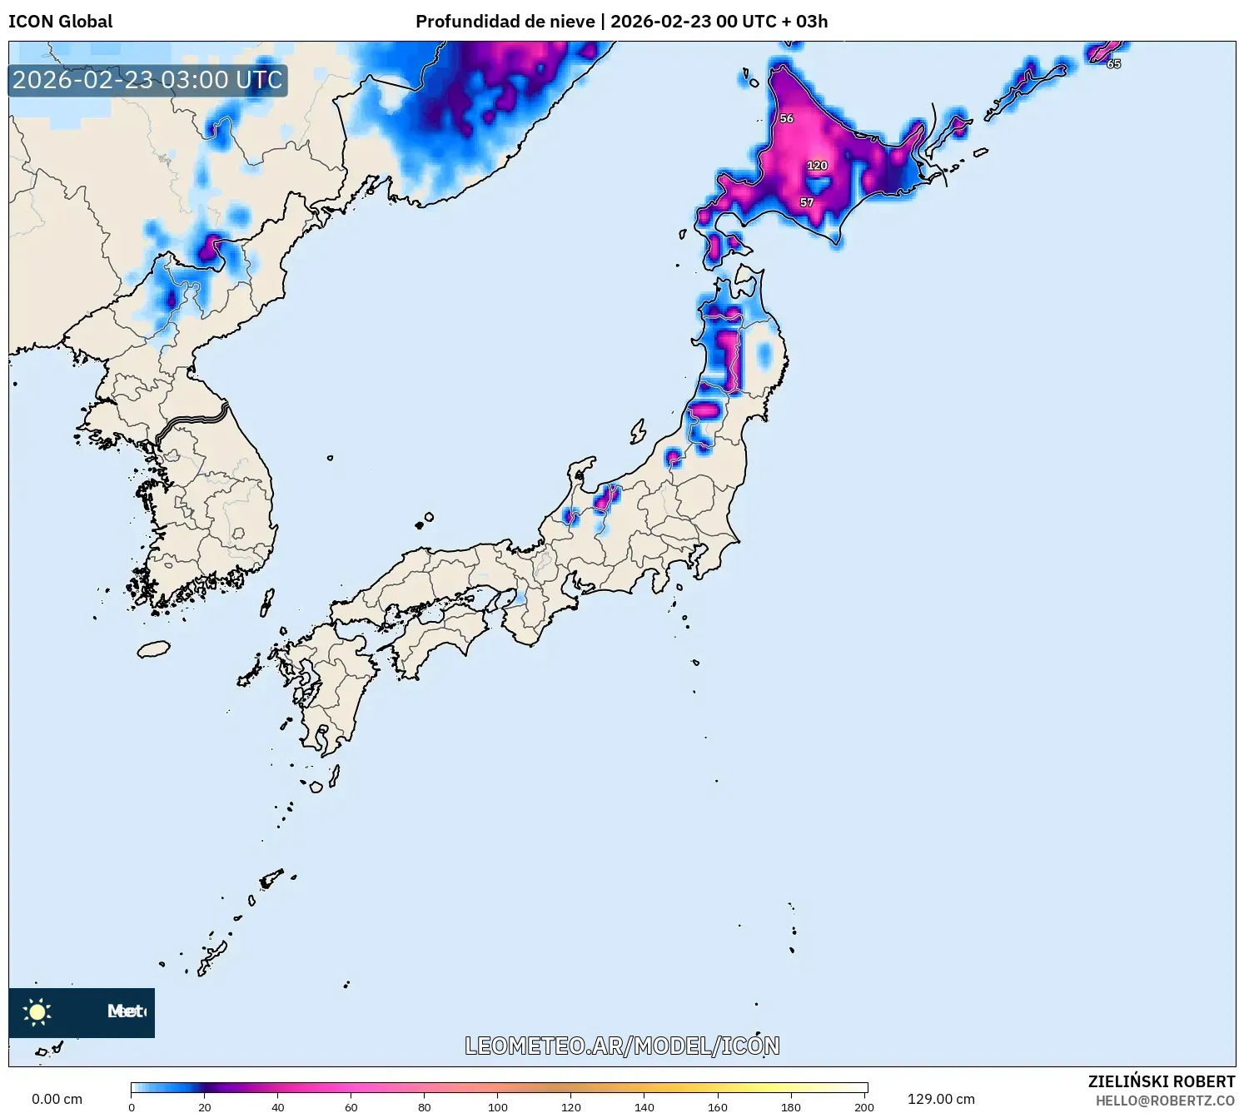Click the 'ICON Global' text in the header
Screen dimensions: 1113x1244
coord(61,22)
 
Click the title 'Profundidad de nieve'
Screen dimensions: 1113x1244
coord(505,22)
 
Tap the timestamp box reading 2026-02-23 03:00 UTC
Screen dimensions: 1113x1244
coord(147,81)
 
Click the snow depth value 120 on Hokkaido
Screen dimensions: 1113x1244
coord(817,166)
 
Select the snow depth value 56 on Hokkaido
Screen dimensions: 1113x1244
coord(786,118)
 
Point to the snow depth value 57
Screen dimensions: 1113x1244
coord(806,202)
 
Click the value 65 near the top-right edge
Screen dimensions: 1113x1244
coord(1113,64)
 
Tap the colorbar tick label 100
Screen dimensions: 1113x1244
coord(498,1107)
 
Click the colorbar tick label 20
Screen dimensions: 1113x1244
coord(205,1107)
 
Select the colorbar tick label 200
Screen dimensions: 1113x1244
coord(864,1107)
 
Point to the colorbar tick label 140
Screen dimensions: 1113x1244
coord(644,1107)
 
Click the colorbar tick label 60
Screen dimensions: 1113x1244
coord(351,1107)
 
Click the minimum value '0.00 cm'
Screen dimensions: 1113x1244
coord(57,1099)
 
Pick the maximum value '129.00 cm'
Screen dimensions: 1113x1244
coord(941,1099)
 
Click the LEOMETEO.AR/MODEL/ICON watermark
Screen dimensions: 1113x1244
coord(622,1046)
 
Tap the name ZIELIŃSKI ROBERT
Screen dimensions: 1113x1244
coord(1162,1081)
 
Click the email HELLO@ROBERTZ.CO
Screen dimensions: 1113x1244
coord(1165,1101)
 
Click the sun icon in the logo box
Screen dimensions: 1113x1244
coord(37,1011)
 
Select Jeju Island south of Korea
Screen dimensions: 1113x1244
coord(154,648)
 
